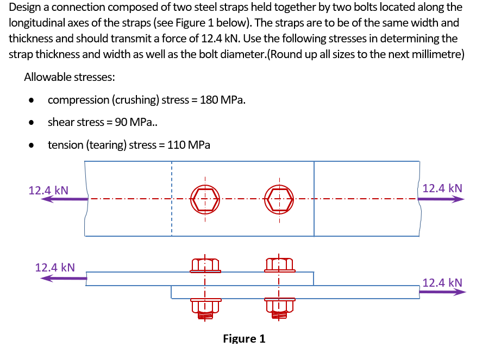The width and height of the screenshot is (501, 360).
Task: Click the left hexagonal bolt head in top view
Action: (x=205, y=199)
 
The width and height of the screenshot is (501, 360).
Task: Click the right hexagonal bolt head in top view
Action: (x=279, y=199)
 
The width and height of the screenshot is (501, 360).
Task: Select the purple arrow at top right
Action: (x=441, y=199)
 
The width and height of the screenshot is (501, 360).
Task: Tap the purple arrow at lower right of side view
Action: (x=442, y=292)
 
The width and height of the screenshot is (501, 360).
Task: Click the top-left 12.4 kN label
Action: (x=48, y=190)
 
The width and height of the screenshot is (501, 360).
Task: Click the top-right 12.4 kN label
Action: (x=442, y=188)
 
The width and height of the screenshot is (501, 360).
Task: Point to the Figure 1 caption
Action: (x=244, y=339)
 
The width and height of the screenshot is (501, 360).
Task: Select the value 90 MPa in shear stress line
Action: (x=135, y=122)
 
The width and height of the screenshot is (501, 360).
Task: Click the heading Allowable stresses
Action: (x=70, y=77)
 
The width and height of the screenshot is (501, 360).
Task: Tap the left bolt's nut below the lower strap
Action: (x=205, y=308)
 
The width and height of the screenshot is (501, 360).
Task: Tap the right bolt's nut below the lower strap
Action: (x=279, y=308)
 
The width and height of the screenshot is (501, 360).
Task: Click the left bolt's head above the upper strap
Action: (x=205, y=264)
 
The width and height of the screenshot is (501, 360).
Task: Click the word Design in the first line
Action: (x=26, y=8)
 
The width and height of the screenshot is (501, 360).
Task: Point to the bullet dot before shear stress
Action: (x=34, y=123)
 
